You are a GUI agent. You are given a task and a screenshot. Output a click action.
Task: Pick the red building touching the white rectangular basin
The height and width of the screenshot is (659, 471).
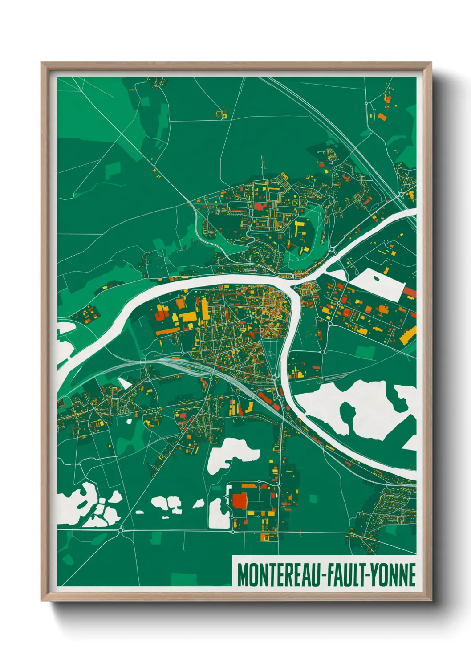[x=410, y=293]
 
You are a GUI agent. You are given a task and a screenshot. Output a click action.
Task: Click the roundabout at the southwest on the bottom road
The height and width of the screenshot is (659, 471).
[x=121, y=530]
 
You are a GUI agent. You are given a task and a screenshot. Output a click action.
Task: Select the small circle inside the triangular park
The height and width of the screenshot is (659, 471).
[x=270, y=354]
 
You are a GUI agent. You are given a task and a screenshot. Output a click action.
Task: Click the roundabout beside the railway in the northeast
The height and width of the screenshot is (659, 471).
[x=401, y=195]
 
